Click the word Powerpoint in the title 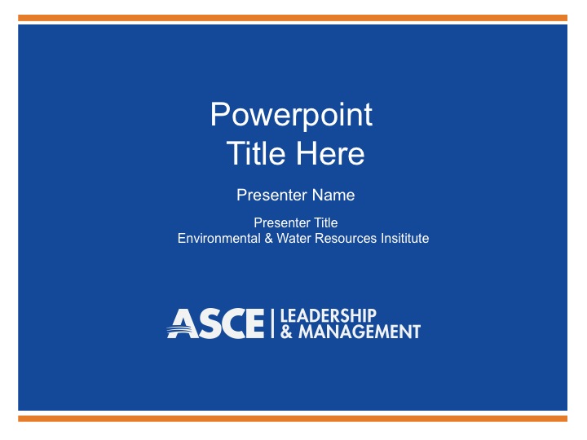291,115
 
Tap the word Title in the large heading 256,153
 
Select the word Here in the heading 330,153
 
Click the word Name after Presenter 333,195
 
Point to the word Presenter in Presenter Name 272,195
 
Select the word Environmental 219,238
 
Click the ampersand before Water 268,238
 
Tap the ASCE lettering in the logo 215,323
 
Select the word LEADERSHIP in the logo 328,315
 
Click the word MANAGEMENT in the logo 360,332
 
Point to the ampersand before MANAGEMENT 286,332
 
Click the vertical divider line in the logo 272,323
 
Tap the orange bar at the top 293,18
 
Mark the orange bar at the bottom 293,419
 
